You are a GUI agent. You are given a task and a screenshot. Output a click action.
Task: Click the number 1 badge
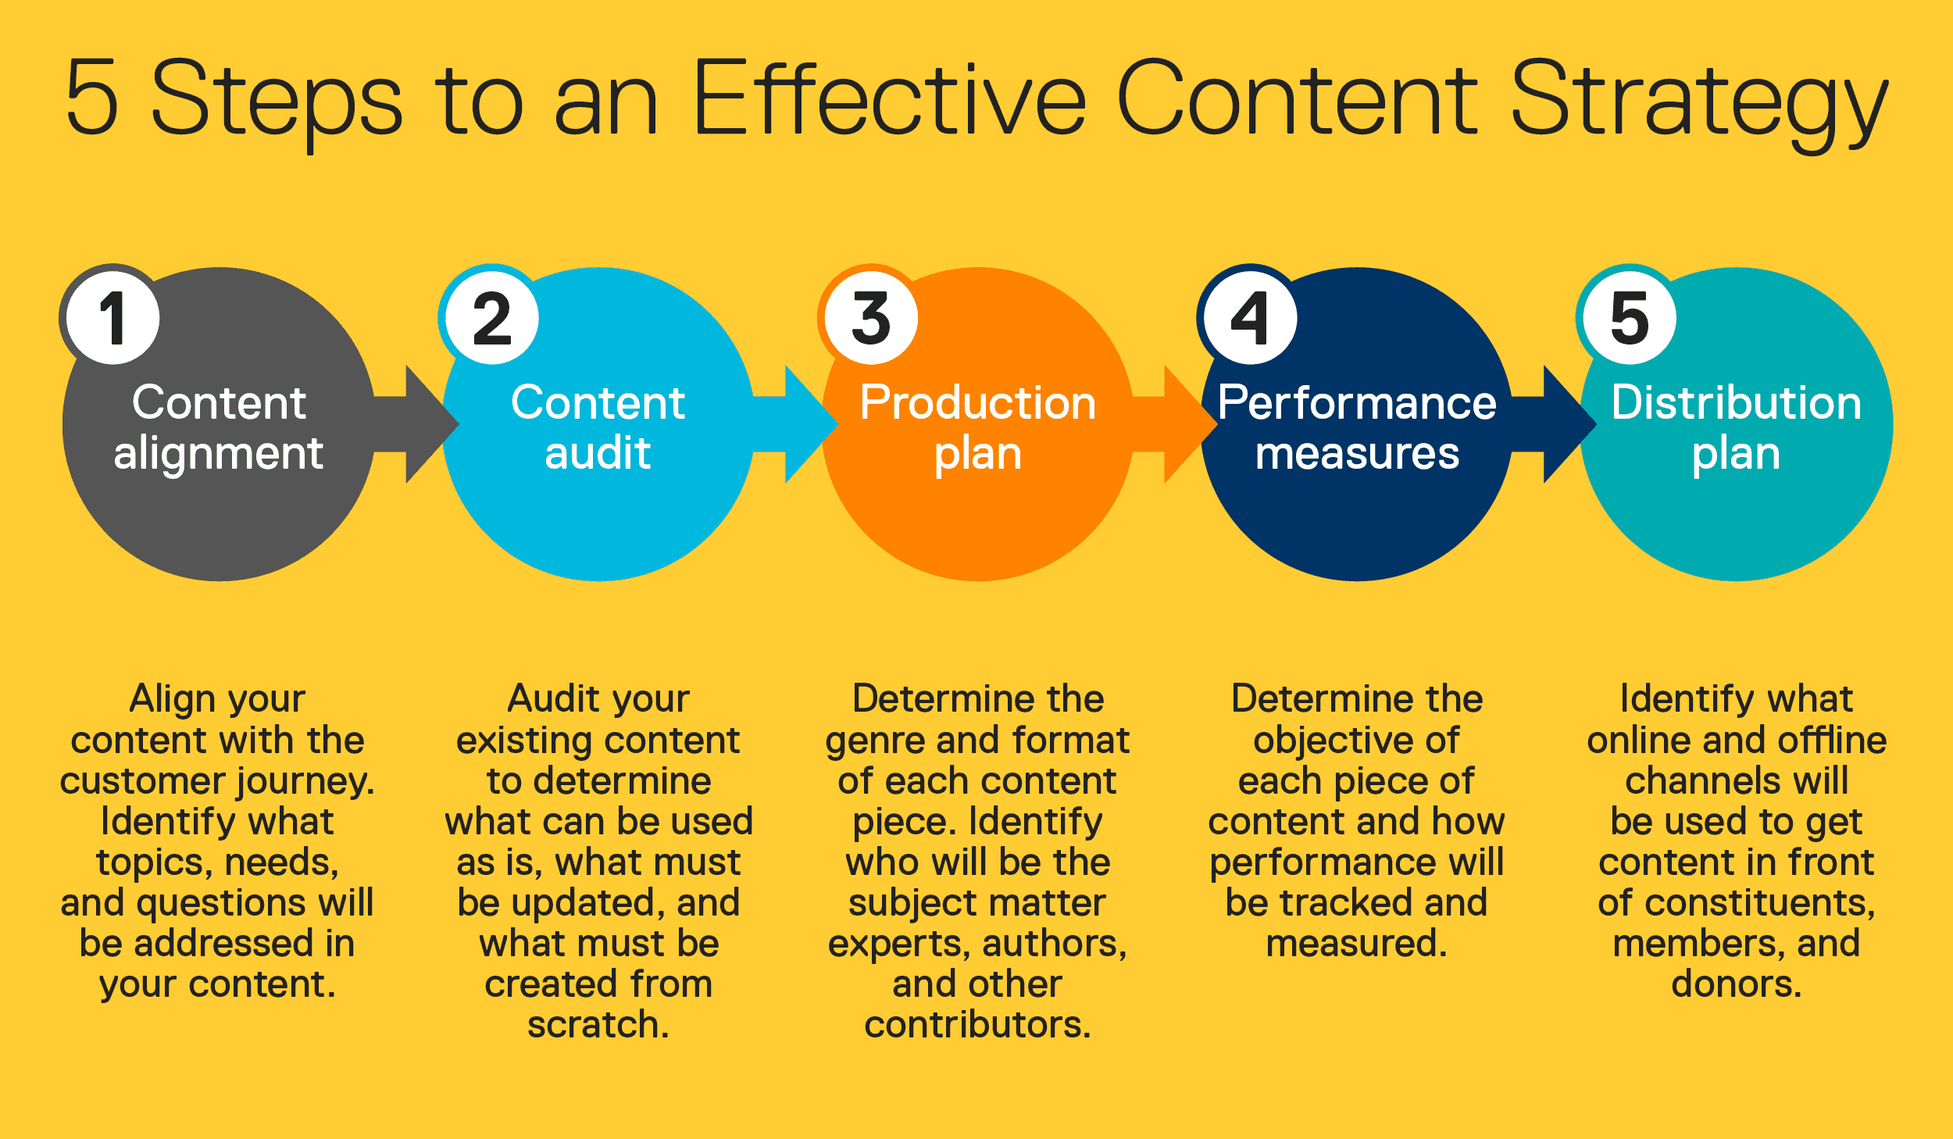click(x=113, y=318)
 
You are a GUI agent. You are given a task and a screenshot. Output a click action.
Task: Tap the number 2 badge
click(x=492, y=318)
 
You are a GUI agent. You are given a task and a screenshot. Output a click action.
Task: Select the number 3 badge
click(x=871, y=318)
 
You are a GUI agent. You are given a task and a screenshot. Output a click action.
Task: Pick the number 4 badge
click(x=1250, y=318)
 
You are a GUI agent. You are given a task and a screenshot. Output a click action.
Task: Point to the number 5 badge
click(x=1630, y=318)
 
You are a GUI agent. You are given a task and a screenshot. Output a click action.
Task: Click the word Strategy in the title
click(x=1699, y=102)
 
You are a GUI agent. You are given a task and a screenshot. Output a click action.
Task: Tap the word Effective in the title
click(x=889, y=98)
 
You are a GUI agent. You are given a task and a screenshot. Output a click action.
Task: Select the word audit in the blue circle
click(x=598, y=453)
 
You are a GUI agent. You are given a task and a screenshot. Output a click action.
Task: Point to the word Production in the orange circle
click(x=978, y=403)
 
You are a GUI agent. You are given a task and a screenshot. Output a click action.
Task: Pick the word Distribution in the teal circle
click(x=1736, y=403)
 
